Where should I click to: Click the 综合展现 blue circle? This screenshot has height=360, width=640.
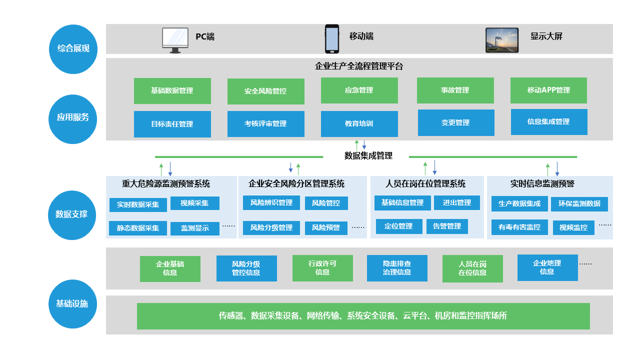(73, 48)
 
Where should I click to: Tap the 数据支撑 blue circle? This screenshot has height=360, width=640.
(72, 214)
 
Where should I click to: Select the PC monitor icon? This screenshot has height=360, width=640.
(175, 40)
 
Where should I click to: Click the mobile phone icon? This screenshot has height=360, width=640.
(331, 38)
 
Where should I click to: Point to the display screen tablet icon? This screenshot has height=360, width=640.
(502, 40)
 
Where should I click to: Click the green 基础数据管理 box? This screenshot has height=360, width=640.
(172, 91)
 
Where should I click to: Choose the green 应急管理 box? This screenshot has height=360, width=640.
(359, 90)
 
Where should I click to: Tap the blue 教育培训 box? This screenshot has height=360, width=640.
(359, 123)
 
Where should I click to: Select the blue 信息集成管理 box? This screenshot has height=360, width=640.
(548, 121)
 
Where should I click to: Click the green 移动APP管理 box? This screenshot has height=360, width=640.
(548, 90)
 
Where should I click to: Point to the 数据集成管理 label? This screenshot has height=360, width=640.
(368, 155)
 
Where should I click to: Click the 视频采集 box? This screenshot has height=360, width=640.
(194, 203)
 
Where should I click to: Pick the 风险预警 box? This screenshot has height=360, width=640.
(326, 227)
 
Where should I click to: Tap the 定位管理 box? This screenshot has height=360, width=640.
(398, 226)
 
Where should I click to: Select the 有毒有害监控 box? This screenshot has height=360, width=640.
(519, 227)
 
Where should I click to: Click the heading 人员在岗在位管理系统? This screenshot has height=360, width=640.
(425, 183)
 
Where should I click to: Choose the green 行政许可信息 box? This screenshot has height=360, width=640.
(322, 268)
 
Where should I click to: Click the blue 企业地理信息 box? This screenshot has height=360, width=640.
(547, 267)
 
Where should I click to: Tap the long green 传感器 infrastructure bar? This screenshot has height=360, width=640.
(363, 316)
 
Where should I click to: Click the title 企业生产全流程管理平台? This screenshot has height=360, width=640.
(358, 66)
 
